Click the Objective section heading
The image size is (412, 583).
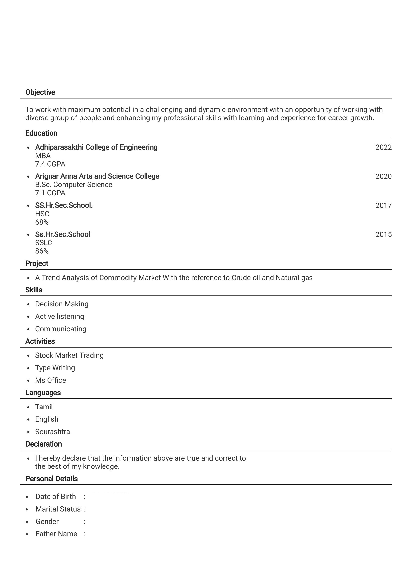[40, 92]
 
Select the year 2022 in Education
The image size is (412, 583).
[383, 147]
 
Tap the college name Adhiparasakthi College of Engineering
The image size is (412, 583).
[96, 147]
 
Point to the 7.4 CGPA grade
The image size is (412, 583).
[50, 164]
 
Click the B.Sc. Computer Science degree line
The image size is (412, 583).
[74, 185]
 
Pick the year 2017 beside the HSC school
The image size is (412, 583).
[383, 205]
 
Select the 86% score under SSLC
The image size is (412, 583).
[42, 251]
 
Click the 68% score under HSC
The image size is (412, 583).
[42, 222]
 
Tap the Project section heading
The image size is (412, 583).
[37, 263]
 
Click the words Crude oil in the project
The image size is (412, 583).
[246, 278]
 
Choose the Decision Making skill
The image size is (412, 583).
[62, 304]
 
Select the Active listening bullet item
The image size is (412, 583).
[59, 316]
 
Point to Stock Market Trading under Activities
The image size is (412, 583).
[69, 355]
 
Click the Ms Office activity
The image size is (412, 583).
[51, 380]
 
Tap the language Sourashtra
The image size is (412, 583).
[52, 432]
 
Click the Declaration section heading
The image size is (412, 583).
[43, 444]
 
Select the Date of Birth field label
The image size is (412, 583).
[55, 496]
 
